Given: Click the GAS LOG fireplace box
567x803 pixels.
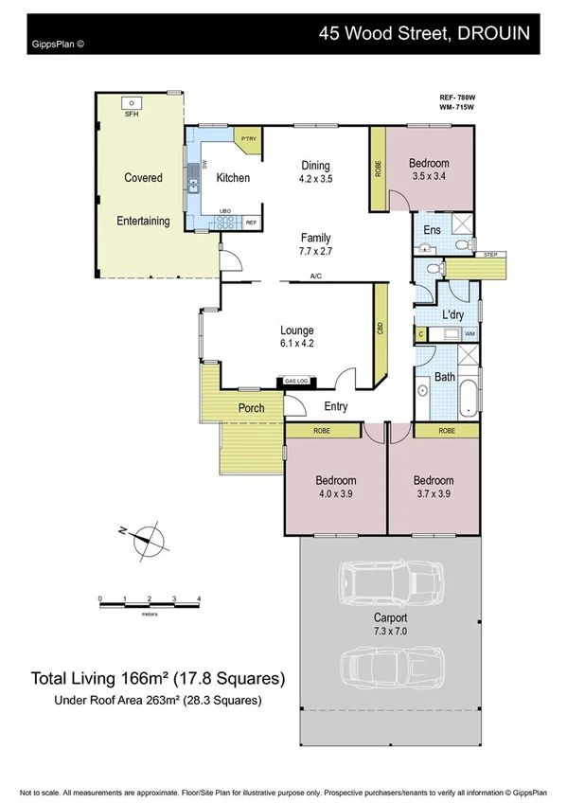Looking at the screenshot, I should [x=296, y=382].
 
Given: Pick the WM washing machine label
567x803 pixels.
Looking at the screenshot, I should [x=468, y=335].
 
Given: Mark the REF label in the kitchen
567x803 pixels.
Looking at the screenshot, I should [x=251, y=223].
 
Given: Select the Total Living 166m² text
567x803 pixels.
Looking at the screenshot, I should [x=157, y=678].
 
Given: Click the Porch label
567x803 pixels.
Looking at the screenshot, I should [x=251, y=409].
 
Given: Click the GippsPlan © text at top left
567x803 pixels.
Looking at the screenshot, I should [x=57, y=43].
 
